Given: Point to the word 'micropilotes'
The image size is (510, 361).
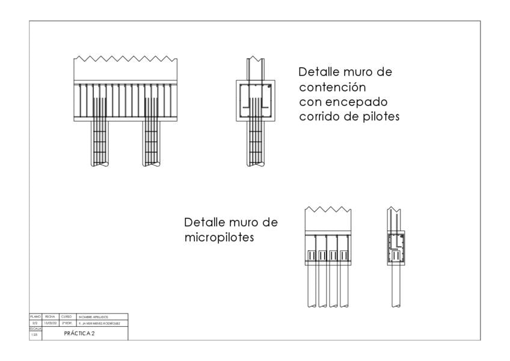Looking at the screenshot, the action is point(219,237).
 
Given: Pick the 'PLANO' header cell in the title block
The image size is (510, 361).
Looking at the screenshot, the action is point(35,316).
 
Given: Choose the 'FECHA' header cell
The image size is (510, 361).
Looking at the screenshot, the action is point(50,316).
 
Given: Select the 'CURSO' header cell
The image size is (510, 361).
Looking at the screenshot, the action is point(66,316).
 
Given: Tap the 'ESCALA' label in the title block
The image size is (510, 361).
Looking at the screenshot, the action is point(35,329).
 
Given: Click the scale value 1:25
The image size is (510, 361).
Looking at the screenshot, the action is point(35,335).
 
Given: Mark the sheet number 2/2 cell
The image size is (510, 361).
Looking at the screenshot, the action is point(35,322).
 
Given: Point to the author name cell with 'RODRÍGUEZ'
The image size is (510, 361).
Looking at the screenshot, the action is point(99,322).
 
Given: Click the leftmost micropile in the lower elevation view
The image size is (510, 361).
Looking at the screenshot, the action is point(312,286).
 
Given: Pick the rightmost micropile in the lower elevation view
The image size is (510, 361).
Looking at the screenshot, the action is point(344,286).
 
